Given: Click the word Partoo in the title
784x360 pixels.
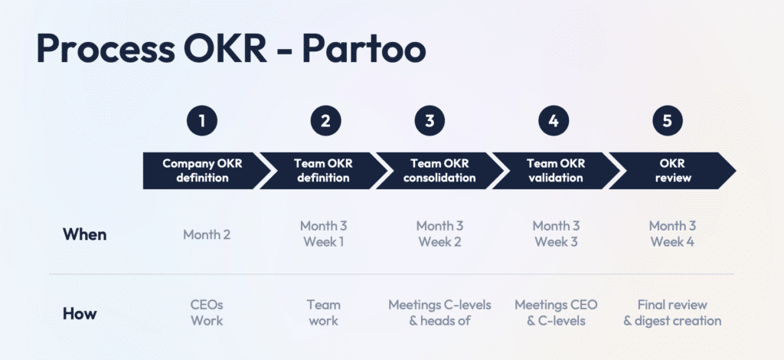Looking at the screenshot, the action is [x=364, y=48].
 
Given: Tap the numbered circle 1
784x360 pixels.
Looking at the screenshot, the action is [x=202, y=120].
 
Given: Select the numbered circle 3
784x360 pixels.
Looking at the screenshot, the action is [x=430, y=120].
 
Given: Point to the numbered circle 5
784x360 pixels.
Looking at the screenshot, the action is [x=668, y=120].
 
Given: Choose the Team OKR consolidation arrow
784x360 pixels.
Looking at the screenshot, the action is [x=439, y=171].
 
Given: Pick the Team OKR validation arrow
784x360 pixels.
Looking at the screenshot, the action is [x=556, y=171].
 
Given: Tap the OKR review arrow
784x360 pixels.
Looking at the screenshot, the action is [x=672, y=171].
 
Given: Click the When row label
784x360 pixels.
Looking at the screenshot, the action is [x=84, y=234].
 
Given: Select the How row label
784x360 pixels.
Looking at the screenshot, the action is [x=80, y=313].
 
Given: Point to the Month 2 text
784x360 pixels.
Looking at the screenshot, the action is [x=207, y=234].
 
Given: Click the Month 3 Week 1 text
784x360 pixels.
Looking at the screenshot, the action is [x=324, y=234].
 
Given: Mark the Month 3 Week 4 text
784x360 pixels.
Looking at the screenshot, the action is [x=672, y=234].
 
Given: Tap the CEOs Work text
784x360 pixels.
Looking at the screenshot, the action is [x=207, y=313].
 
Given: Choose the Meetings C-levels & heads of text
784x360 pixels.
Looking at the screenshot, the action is [x=439, y=313].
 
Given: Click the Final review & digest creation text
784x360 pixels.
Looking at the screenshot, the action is [x=672, y=313].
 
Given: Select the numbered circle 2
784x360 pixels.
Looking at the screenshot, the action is [x=325, y=120].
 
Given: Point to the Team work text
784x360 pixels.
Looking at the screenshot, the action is [x=324, y=313].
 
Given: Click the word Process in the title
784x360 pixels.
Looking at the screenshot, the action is [x=106, y=48].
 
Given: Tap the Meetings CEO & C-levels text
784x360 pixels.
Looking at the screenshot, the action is [x=556, y=313].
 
